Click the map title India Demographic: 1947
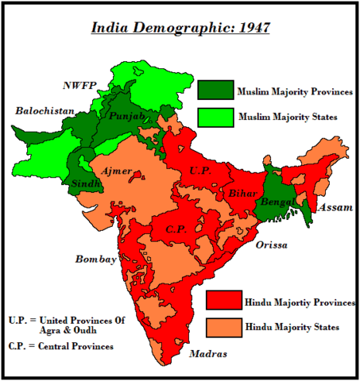tap(180, 28)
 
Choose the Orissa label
tap(271, 245)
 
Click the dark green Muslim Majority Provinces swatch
tap(215, 90)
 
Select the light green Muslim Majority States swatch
tap(215, 117)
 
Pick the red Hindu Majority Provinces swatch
tap(223, 300)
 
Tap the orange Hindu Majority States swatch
tap(223, 326)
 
